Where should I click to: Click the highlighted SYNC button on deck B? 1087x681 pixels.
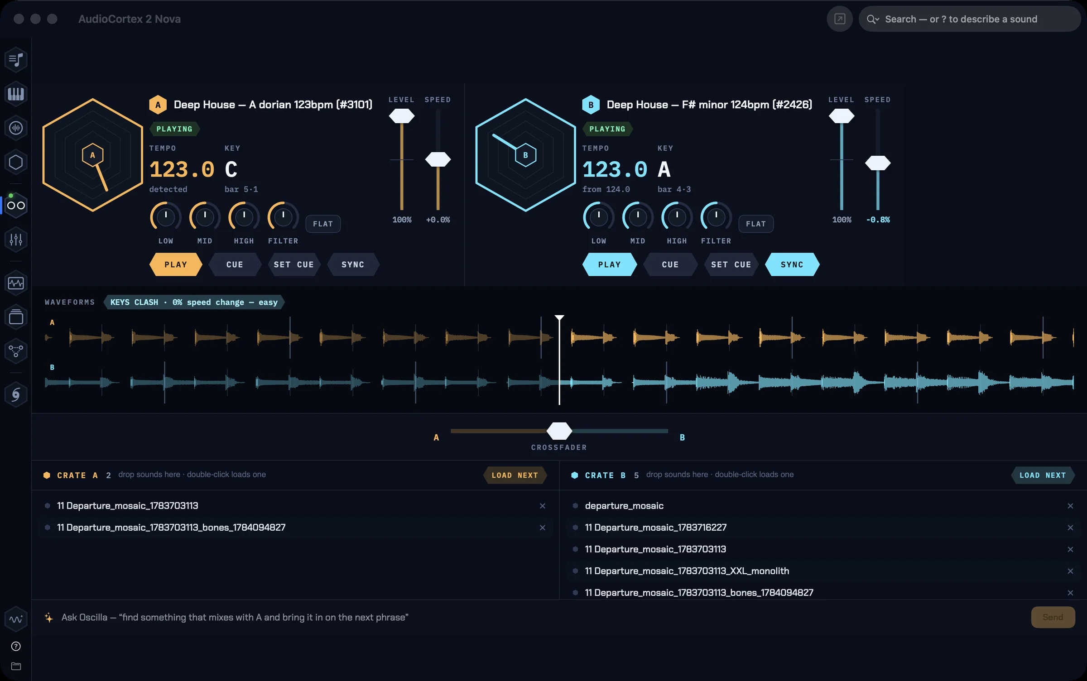click(792, 264)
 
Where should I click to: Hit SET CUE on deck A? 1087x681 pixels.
click(293, 264)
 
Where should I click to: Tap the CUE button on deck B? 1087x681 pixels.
click(670, 264)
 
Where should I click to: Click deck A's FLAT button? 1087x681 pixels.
click(323, 224)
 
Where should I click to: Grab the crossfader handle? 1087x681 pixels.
click(559, 431)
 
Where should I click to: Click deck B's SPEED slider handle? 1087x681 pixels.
click(878, 163)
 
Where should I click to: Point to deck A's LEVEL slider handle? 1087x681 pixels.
click(402, 116)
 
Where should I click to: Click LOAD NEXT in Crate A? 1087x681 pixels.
click(515, 475)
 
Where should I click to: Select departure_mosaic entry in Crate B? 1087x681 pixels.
click(624, 506)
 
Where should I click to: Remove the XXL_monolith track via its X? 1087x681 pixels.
click(1070, 571)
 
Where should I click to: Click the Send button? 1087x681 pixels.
click(1053, 617)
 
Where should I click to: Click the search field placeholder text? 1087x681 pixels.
click(961, 19)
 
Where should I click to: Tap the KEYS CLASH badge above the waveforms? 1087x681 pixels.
click(194, 302)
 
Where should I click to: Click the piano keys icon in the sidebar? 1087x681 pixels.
click(16, 94)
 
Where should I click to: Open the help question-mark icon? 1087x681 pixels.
click(16, 646)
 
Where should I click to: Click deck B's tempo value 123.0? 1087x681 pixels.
click(615, 170)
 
